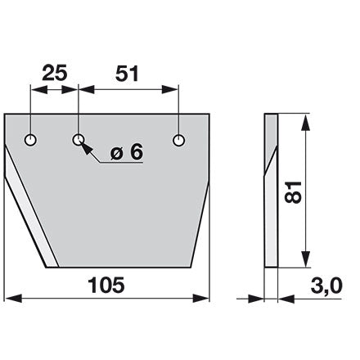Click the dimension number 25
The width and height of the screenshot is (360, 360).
coord(55,73)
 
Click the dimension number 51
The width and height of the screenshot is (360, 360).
coord(127,74)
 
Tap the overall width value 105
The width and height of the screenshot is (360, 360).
coord(106,285)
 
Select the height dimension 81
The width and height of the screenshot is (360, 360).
coord(293,192)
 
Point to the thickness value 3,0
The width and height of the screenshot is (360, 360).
coord(326,286)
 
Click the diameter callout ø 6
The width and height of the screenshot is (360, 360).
coord(127,152)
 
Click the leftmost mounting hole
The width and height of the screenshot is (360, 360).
coord(30,140)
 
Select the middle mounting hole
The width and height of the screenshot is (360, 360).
coord(79,140)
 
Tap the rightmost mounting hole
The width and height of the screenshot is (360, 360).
coord(178,140)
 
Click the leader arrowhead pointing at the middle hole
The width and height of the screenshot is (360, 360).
coord(86,147)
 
